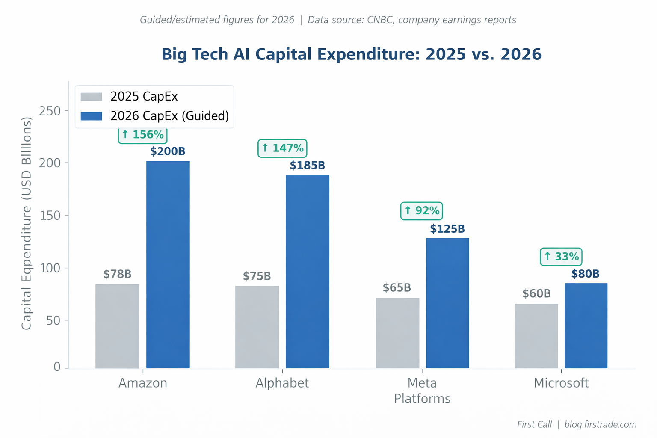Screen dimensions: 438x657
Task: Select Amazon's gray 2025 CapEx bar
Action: [117, 326]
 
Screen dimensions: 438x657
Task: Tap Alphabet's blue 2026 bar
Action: [308, 271]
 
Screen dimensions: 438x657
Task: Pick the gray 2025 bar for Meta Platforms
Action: [398, 333]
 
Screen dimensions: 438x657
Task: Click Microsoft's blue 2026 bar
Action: [586, 326]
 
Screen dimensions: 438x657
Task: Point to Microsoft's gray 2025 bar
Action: [536, 336]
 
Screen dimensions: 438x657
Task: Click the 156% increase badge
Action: [143, 135]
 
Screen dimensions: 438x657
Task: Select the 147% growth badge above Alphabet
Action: [282, 148]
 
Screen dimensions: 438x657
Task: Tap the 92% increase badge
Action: [422, 210]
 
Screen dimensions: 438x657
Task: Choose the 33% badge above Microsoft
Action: [561, 257]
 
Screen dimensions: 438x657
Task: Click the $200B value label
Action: [168, 151]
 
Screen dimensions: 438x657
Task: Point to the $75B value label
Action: [257, 276]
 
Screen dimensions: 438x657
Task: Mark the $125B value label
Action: [447, 229]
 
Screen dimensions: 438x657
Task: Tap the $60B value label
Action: [536, 294]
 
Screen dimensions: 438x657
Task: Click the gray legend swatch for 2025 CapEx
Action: [92, 96]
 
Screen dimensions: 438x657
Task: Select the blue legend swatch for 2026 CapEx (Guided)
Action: [92, 116]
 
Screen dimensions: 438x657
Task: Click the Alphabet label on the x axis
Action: [282, 383]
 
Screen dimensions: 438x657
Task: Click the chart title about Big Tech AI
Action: [352, 54]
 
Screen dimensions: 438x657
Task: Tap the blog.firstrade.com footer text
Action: [601, 424]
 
